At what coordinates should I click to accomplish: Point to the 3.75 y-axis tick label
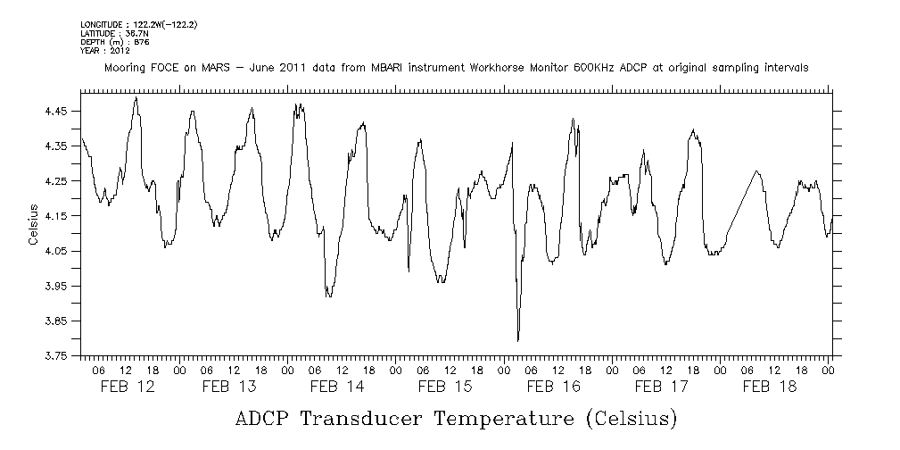pyautogui.click(x=56, y=355)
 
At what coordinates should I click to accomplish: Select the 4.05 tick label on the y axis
pyautogui.click(x=56, y=251)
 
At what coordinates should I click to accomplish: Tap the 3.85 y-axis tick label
pyautogui.click(x=56, y=321)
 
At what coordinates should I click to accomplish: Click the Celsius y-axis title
pyautogui.click(x=32, y=224)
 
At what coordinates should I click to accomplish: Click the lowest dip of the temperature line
pyautogui.click(x=518, y=340)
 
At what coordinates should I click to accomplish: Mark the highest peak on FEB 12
pyautogui.click(x=136, y=98)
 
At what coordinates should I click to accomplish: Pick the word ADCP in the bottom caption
pyautogui.click(x=262, y=418)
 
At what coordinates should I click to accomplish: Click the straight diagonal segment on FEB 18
pyautogui.click(x=743, y=202)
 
